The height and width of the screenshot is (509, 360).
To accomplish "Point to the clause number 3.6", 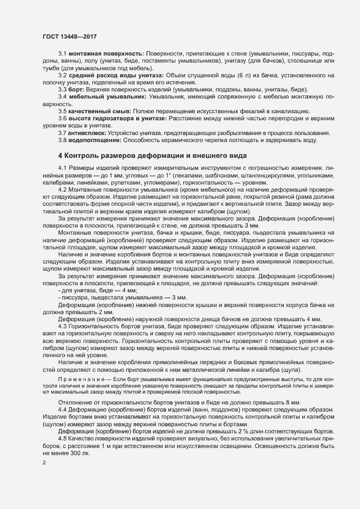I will [x=63, y=118].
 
